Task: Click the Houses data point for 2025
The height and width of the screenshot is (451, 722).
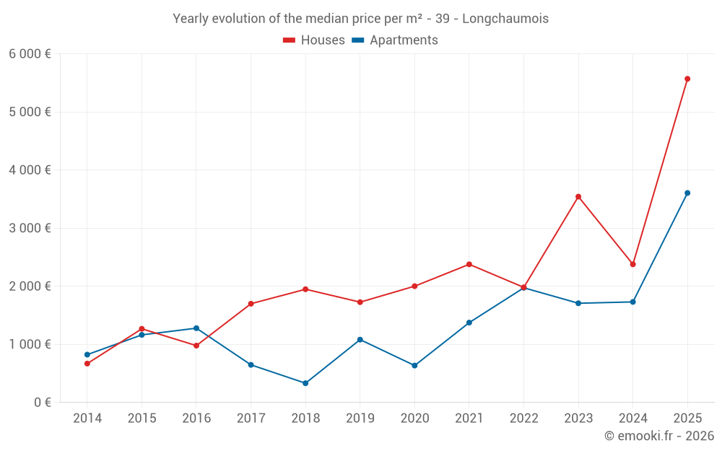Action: [687, 79]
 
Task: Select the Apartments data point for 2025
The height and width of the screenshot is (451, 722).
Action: [687, 193]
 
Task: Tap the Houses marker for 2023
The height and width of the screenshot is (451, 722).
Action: [578, 196]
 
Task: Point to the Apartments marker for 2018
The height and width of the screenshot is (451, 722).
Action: [305, 383]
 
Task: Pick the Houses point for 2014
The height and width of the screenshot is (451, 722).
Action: [87, 364]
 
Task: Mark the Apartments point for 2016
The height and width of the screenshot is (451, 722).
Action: [196, 328]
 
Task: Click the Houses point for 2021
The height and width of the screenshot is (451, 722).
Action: [469, 264]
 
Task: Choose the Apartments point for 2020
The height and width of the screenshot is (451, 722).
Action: [414, 366]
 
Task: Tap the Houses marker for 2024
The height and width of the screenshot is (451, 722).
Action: [632, 264]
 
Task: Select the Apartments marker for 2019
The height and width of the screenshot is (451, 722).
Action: [360, 339]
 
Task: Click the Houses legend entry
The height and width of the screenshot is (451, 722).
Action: [314, 40]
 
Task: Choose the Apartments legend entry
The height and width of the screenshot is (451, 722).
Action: [396, 40]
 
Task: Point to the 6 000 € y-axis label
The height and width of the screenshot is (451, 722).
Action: [30, 54]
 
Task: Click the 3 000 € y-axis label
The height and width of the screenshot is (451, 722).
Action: [30, 228]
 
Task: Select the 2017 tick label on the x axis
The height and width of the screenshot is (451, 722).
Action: [251, 419]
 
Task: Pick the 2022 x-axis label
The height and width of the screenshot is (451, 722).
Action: [523, 419]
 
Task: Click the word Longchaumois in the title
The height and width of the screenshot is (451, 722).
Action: [505, 19]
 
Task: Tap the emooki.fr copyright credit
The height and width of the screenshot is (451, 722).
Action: [659, 436]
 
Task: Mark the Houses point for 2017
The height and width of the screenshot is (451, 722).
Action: [251, 304]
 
